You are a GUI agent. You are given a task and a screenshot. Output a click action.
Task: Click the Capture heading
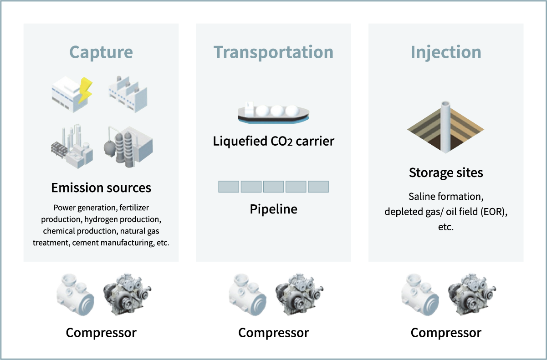pos(101,52)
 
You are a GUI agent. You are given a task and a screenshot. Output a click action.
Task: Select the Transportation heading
pos(273,52)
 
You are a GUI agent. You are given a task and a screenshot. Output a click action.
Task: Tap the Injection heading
pos(445,52)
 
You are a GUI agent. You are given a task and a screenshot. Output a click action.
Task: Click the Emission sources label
pos(101,188)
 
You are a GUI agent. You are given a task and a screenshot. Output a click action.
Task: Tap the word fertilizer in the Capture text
pos(134,208)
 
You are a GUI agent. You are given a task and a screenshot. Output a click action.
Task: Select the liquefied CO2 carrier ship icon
pos(273,112)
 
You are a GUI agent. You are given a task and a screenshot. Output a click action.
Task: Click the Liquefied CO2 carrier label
pos(273,141)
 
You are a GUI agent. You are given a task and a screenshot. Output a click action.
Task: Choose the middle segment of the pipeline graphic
pos(273,187)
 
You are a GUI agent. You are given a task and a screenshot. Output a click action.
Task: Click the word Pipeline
pos(273,209)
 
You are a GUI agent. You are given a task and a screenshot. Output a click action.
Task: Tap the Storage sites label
pos(445,173)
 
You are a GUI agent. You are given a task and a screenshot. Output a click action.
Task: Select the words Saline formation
pos(445,197)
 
